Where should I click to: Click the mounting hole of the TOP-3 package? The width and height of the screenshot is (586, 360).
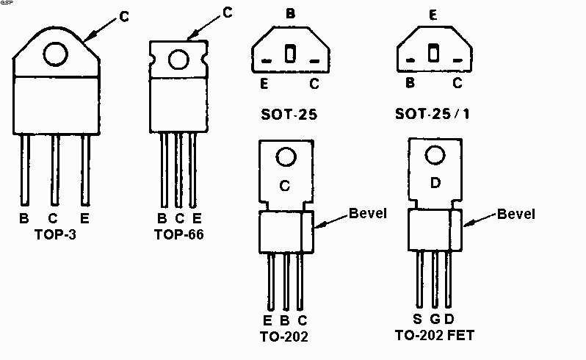point(56,54)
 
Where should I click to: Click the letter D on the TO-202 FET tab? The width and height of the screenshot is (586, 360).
point(434,181)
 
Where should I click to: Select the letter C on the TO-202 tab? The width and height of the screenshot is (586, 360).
point(286,186)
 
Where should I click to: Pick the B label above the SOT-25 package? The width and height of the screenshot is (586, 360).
point(290,13)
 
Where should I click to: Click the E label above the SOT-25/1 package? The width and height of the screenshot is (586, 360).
point(433,13)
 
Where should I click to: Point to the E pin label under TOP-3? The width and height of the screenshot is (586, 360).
point(86,219)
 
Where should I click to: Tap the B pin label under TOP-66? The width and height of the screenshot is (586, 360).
point(162,219)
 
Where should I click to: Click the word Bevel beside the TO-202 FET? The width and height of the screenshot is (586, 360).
point(516,214)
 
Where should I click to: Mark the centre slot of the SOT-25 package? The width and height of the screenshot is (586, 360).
point(289,54)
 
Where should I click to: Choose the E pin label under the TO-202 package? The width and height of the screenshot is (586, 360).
point(269,321)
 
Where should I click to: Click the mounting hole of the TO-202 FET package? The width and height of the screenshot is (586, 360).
point(434,156)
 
